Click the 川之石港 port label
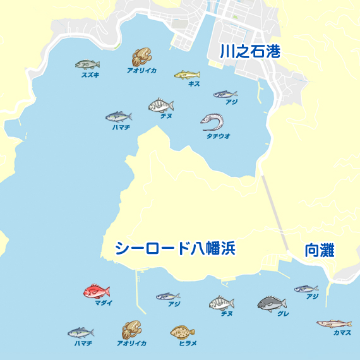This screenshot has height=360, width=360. pos(249,52)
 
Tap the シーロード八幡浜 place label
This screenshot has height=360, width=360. pos(175,249)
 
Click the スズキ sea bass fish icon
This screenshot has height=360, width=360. pos(87,64)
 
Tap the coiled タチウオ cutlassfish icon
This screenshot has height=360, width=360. pos(213,120)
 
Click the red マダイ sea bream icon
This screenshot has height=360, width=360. pos(97,291)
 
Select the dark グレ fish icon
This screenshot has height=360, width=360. pos(272,304)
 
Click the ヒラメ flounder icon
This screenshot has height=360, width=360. pos(183,332)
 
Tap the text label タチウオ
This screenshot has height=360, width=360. pos(218,136)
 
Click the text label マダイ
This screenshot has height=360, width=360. pos(104,304)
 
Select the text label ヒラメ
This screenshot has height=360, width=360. pos(188,343)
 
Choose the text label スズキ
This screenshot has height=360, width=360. pos(90,75)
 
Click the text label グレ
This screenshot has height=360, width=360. pos(283,313)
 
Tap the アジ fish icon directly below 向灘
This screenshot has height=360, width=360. pos(306,289)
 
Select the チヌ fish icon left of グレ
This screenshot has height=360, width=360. pos(222,303)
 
